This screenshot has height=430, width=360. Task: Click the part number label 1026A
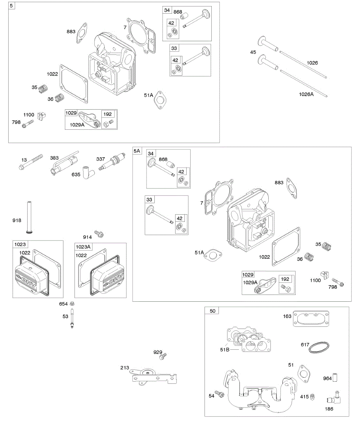(x=306, y=95)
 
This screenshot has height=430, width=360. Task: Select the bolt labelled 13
(x=31, y=162)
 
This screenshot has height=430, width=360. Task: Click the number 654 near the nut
(x=64, y=304)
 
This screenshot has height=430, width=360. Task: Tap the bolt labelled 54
(x=219, y=394)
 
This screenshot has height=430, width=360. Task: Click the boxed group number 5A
(x=137, y=151)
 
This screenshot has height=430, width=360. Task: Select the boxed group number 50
(x=212, y=311)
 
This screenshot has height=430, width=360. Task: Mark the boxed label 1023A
(x=83, y=246)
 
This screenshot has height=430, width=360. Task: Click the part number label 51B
(x=225, y=349)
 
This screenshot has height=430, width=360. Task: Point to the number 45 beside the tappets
(x=253, y=52)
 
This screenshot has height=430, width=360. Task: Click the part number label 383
(x=54, y=158)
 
